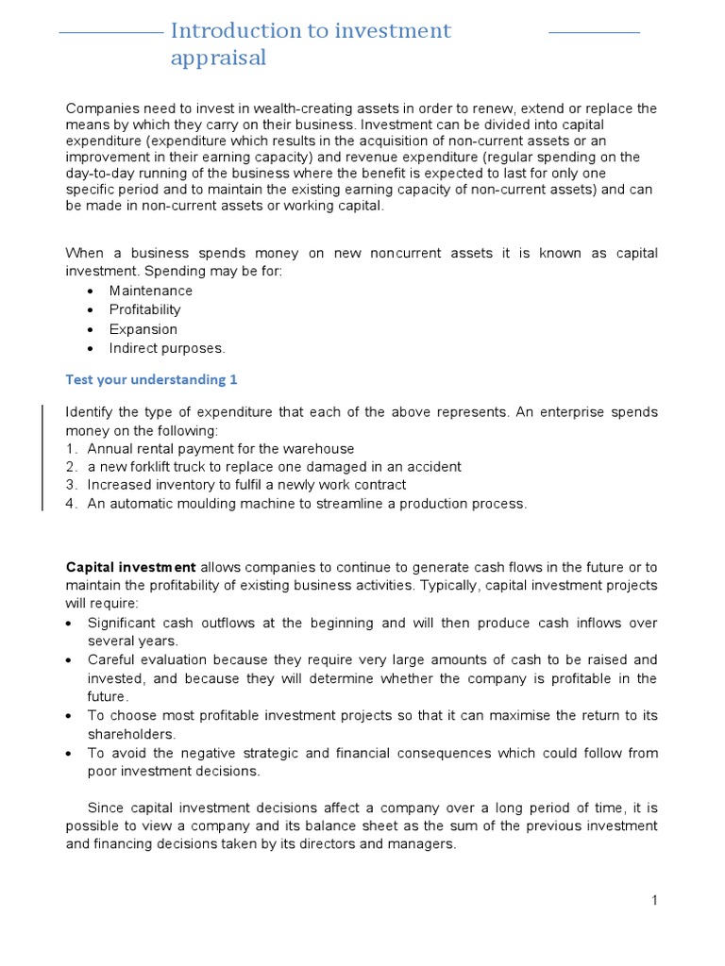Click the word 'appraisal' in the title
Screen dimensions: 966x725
(218, 58)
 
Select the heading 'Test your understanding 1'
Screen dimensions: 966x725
(151, 379)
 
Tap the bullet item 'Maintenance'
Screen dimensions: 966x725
(151, 291)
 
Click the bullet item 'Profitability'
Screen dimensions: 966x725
(144, 309)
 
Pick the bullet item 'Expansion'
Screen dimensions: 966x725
(143, 329)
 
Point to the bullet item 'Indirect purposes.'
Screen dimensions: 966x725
(167, 348)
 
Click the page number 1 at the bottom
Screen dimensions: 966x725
(654, 900)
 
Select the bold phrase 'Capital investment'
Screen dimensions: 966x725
(130, 567)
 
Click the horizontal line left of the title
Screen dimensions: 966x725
(110, 32)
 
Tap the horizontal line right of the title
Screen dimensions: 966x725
(594, 32)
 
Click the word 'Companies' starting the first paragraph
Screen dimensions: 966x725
(99, 108)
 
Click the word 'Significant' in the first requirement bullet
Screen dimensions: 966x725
(124, 624)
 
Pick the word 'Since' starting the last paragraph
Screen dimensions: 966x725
(106, 808)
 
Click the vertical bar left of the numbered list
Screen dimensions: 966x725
(41, 458)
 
